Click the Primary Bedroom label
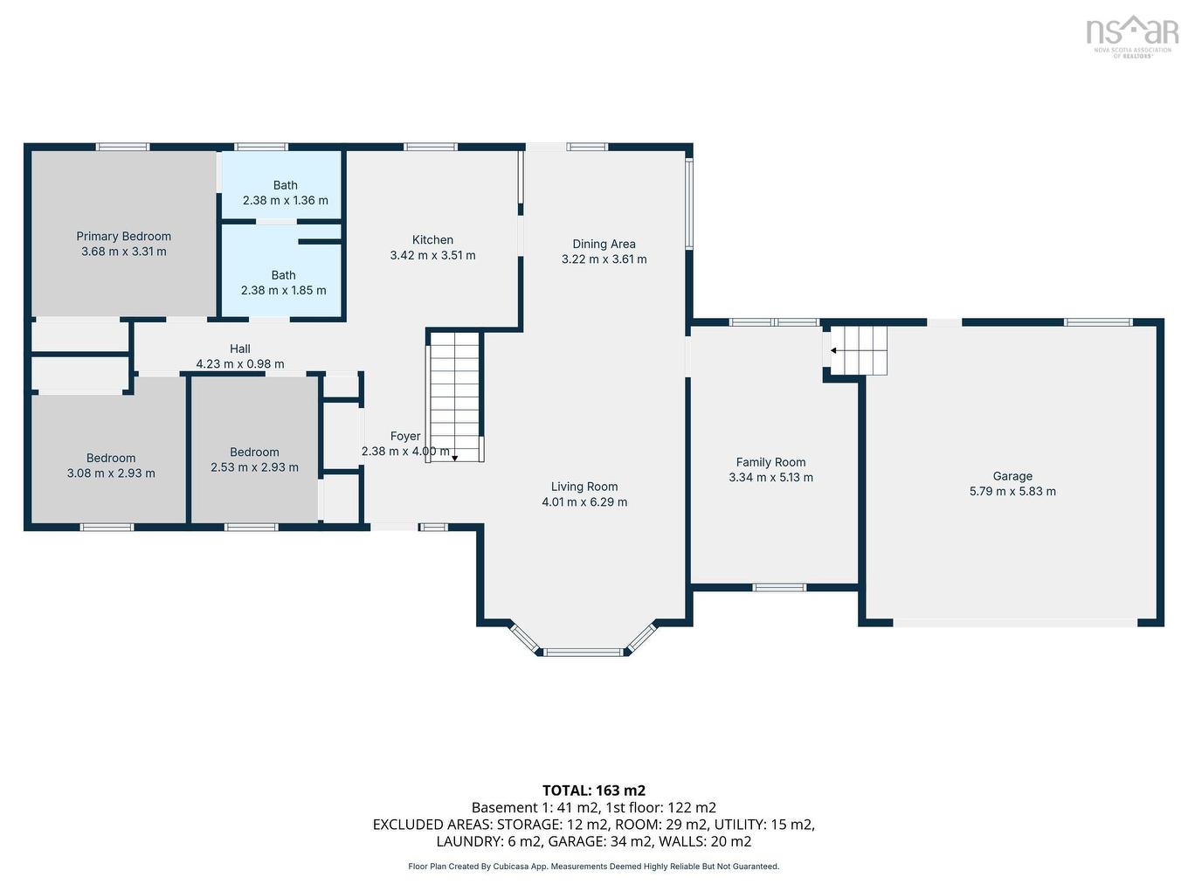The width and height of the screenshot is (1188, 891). coord(123,236)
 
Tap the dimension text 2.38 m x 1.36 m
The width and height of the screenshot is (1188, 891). coord(285,201)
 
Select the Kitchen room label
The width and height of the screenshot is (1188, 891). coord(432,239)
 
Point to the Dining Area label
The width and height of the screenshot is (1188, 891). coord(604,244)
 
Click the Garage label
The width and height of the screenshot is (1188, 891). coord(1012,476)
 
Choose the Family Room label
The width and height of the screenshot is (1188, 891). coord(770,462)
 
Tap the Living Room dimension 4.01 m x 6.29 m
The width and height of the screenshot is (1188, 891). coord(584,502)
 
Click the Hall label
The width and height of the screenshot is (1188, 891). coord(240,349)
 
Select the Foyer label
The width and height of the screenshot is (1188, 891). coord(405,436)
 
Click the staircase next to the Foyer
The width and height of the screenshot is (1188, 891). coord(454,393)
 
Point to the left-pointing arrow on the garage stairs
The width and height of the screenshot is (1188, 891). coord(833,350)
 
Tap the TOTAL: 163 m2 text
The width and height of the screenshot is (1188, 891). coord(594,791)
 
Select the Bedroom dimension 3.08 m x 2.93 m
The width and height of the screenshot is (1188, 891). coord(111,473)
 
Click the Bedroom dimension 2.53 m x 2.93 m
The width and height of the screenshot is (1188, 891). coord(254,467)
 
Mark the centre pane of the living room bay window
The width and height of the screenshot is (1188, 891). coord(584,652)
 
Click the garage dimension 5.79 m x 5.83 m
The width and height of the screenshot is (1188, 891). coord(1012,492)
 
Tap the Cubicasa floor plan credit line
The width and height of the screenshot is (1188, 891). coord(594,867)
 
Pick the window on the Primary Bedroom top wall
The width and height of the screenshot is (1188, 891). coord(122,147)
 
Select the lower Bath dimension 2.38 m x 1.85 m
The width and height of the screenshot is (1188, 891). coord(283,290)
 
